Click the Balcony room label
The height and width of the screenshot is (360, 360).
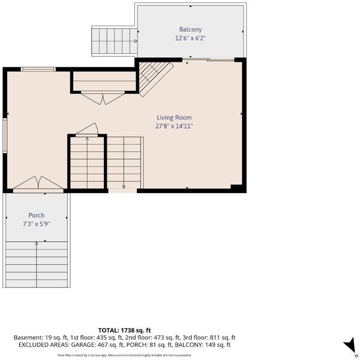coord(190,29)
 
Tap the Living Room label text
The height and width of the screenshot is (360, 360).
coord(174,118)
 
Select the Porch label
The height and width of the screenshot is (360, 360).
coord(36,215)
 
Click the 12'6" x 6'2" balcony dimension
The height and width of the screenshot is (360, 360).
coord(190,38)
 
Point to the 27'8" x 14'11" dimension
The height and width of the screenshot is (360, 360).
coord(174,126)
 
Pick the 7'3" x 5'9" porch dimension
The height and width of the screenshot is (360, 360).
coord(36,224)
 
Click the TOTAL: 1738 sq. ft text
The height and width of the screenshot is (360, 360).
coord(124,331)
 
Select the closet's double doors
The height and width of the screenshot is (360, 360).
coord(103,98)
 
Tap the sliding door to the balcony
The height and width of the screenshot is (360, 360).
coord(208,60)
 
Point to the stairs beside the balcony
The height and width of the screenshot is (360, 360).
coord(115,41)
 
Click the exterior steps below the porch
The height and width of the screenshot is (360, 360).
coord(37,264)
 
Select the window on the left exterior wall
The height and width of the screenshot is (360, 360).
coord(5,136)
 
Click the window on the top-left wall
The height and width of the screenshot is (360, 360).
coord(38,69)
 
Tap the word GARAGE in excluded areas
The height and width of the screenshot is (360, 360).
coord(83,345)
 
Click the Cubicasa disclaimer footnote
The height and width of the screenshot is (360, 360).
coord(124,355)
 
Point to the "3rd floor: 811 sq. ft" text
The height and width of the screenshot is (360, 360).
coord(209,337)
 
